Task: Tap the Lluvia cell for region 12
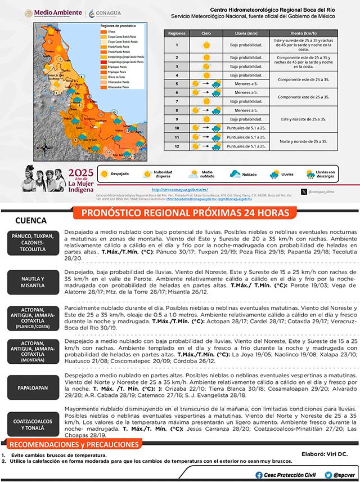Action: [x=246, y=146]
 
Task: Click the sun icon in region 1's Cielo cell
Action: [x=206, y=44]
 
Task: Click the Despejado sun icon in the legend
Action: [x=104, y=175]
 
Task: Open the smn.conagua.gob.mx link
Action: [x=180, y=190]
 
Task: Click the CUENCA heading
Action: [x=31, y=221]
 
